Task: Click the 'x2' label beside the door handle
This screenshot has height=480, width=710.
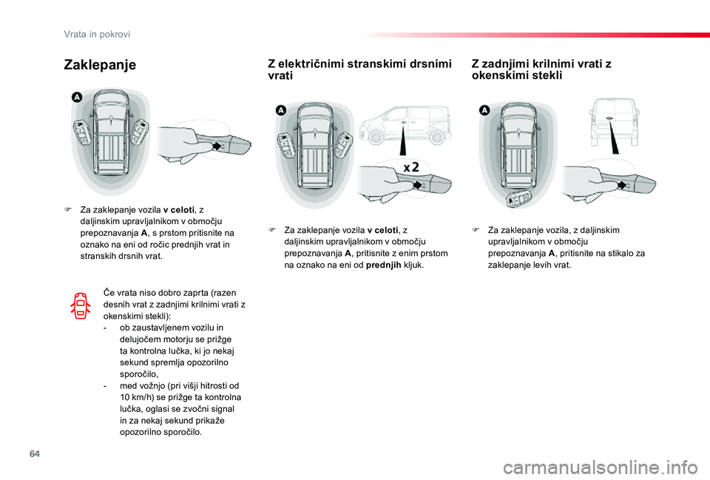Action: point(412,167)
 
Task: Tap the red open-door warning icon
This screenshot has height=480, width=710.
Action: point(81,305)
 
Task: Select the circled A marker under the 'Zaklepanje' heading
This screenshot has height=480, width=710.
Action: point(76,97)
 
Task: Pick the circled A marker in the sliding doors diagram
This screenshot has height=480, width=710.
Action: point(280,109)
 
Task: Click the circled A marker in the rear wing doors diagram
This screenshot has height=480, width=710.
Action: point(484,109)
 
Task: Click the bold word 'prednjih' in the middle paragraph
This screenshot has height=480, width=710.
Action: point(383,265)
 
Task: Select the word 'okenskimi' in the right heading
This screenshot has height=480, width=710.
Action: point(498,75)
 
